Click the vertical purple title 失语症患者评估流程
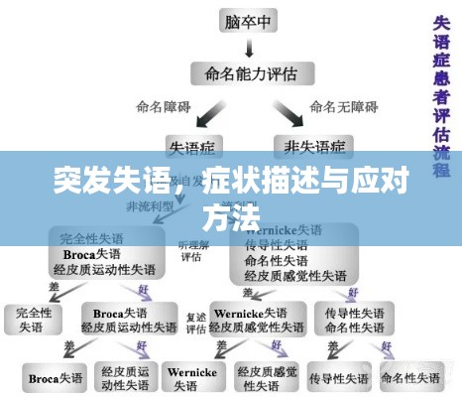click(x=442, y=89)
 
